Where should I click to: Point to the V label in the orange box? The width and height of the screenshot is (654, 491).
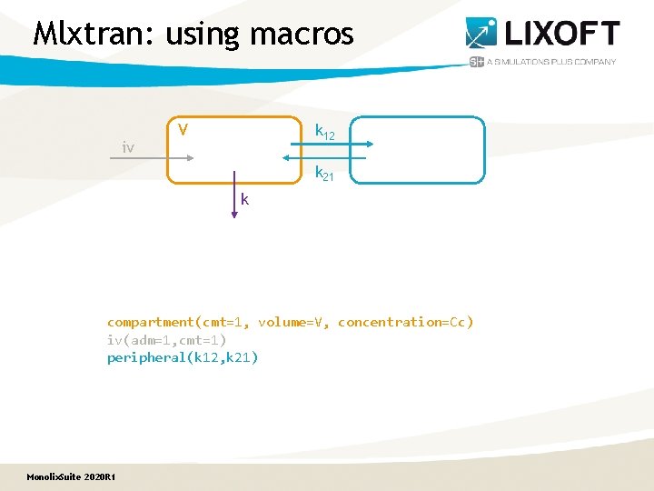tap(183, 130)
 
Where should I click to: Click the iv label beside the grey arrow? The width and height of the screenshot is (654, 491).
tap(129, 146)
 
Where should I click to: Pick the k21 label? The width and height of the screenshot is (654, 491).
tap(324, 173)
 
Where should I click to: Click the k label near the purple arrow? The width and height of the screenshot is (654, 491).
tap(245, 199)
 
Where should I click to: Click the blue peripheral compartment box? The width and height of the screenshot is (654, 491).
tap(417, 150)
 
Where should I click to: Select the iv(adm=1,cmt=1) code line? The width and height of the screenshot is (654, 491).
tap(167, 339)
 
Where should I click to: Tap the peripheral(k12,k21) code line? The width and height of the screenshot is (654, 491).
tap(183, 357)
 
